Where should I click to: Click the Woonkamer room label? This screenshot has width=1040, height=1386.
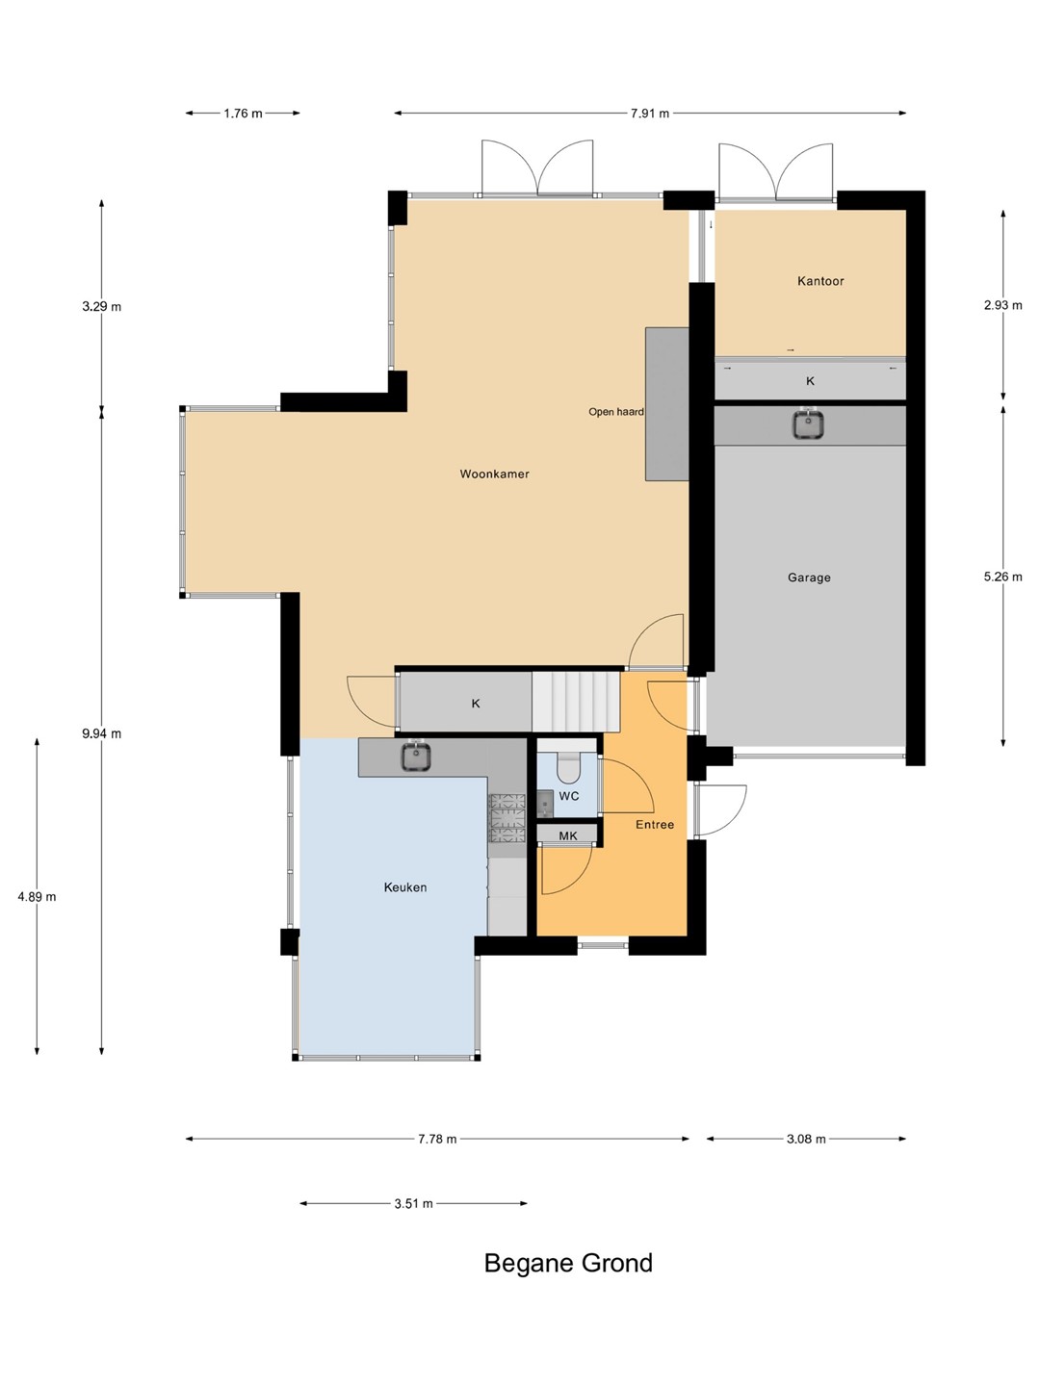494,474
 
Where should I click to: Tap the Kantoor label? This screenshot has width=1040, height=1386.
820,281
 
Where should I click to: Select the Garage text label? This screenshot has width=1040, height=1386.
809,577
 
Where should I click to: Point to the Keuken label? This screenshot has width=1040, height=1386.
405,887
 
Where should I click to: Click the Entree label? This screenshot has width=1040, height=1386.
655,824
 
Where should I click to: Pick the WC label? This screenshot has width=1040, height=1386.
569,796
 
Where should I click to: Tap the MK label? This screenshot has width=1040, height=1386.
568,835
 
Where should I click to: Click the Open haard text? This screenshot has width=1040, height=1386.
616,412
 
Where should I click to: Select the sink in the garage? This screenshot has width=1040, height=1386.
808,423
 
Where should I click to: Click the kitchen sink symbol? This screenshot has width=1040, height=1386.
416,756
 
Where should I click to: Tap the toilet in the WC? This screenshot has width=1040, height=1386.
568,764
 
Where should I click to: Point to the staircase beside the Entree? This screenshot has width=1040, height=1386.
576,702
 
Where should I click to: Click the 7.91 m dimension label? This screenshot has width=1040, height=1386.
650,114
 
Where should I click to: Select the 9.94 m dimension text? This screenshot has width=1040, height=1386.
102,733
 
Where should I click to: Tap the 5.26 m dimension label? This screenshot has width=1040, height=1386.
1002,576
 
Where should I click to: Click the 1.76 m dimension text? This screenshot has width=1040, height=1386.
243,114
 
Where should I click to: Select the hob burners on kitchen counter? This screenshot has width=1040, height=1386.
507,818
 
